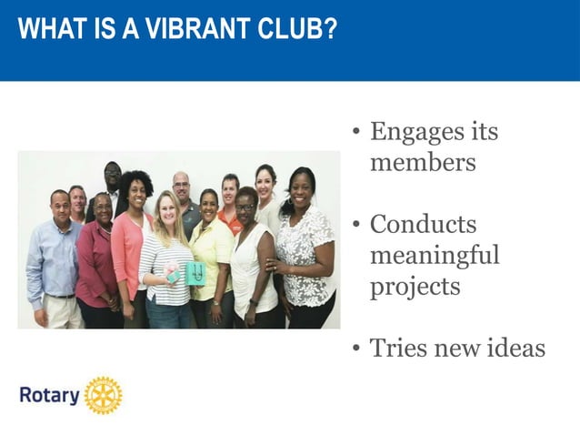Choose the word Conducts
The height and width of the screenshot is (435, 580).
[x=423, y=224]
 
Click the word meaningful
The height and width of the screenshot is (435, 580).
[x=435, y=255]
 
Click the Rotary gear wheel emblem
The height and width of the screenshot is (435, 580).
[x=103, y=396]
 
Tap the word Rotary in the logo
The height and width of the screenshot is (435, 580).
[x=49, y=396]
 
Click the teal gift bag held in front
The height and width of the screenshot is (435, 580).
[x=194, y=272]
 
